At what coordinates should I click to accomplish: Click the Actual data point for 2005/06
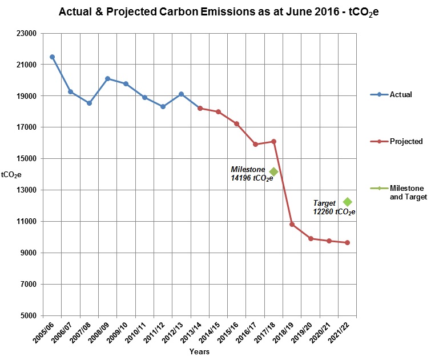point(52,57)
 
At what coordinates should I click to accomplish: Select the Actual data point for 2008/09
point(107,78)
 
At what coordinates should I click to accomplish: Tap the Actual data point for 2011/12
point(163,106)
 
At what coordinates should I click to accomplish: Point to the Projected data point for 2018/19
point(292,225)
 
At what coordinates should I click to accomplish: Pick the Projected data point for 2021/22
point(347,243)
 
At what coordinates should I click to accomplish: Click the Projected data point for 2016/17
point(255,144)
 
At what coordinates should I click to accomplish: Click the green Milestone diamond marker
point(273,171)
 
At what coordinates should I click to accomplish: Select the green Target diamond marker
point(347,202)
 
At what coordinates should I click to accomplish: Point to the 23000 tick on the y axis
point(28,34)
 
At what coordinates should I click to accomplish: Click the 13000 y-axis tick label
point(28,190)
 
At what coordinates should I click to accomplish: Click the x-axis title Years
point(199,352)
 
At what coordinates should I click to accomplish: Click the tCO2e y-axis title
point(11,174)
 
